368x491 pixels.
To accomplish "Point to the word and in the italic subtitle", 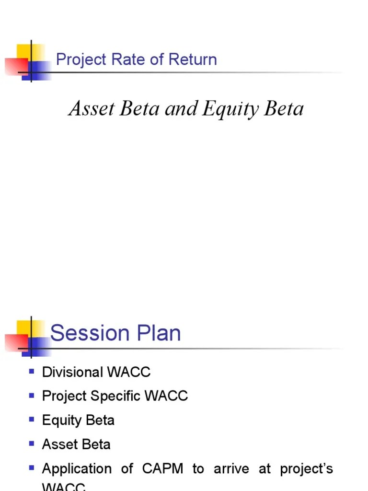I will [x=181, y=109].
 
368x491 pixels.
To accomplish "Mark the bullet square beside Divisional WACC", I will [x=32, y=371].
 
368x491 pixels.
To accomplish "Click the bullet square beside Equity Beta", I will [x=32, y=420].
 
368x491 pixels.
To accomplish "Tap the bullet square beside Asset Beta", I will [x=32, y=444].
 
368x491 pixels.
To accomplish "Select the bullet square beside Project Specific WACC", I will [x=32, y=396].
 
